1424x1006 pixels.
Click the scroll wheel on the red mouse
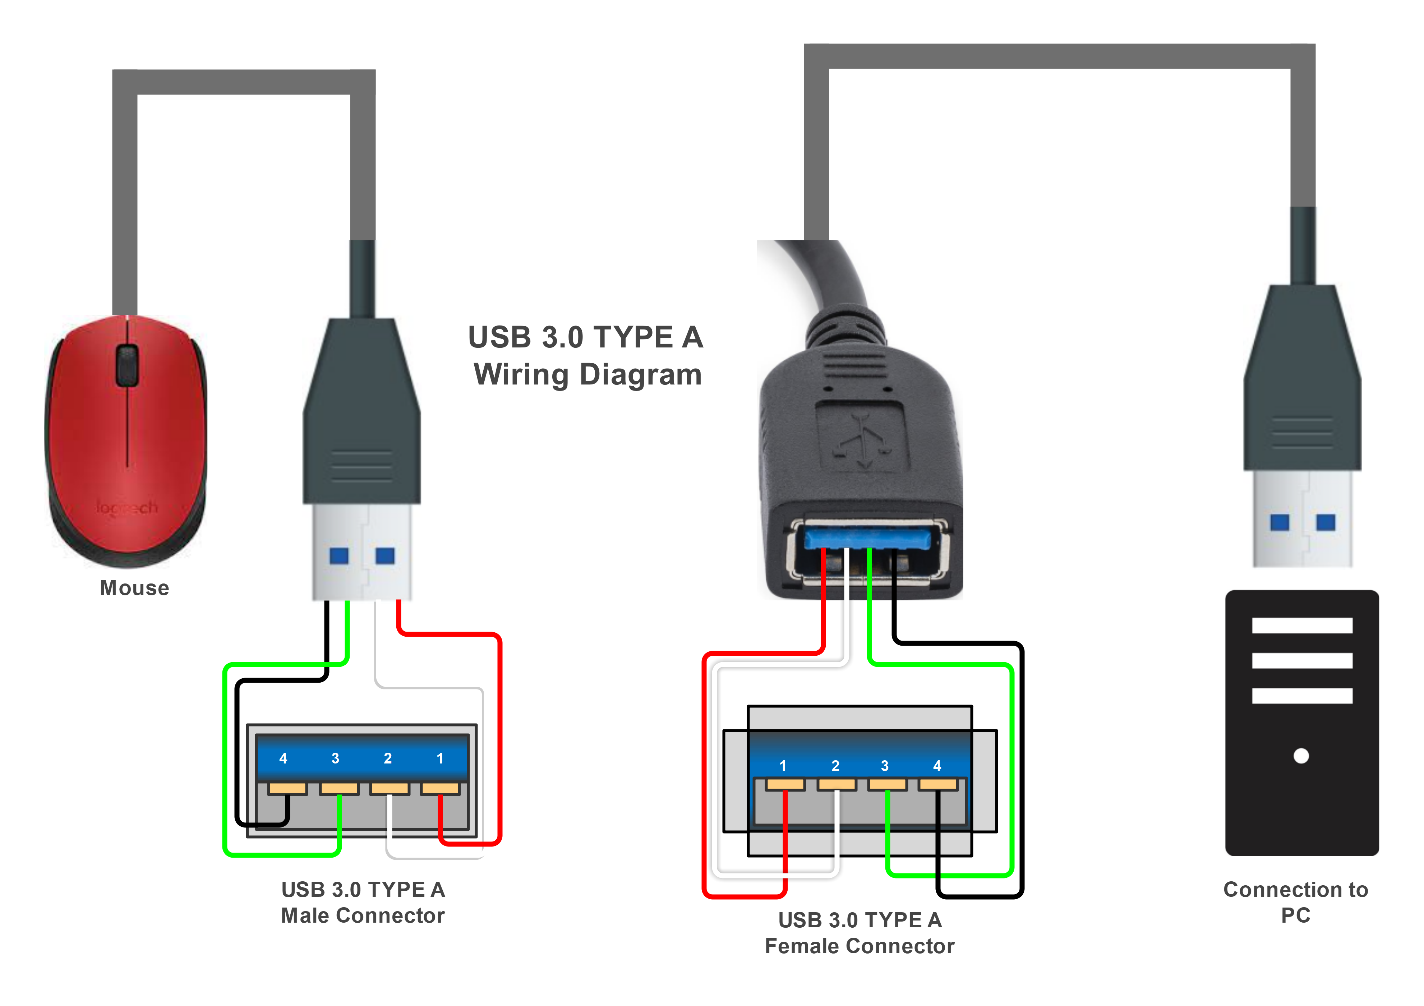click(x=127, y=365)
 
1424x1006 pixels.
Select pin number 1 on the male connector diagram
click(x=440, y=758)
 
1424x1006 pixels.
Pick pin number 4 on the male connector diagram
click(x=283, y=758)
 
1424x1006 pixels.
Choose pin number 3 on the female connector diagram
click(x=884, y=766)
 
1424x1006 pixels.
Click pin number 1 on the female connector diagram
click(x=783, y=766)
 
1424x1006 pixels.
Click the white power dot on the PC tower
click(x=1301, y=756)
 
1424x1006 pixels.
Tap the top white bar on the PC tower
click(x=1302, y=625)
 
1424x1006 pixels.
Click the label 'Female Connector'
click(x=860, y=946)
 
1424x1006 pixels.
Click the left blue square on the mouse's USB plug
click(x=338, y=555)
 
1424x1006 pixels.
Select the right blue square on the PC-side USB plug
click(x=1326, y=522)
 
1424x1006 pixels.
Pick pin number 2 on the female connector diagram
click(x=835, y=766)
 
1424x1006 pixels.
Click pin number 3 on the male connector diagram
click(x=335, y=758)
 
